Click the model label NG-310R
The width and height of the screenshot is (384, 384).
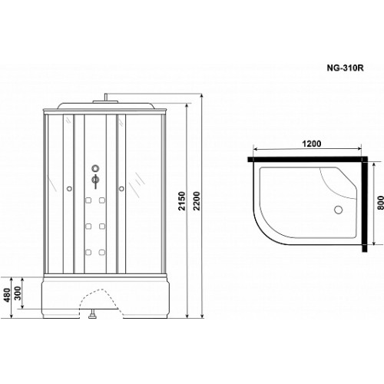pyautogui.click(x=345, y=68)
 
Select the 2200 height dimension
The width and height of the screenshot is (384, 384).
pyautogui.click(x=197, y=200)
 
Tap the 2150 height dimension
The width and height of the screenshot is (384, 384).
pyautogui.click(x=181, y=200)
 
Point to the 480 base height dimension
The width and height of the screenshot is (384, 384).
pyautogui.click(x=7, y=295)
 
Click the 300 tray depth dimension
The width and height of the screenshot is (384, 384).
pyautogui.click(x=18, y=293)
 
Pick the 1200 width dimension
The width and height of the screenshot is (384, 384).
pyautogui.click(x=311, y=144)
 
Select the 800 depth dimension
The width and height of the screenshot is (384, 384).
pyautogui.click(x=380, y=203)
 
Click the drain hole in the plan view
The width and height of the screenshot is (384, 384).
pyautogui.click(x=338, y=210)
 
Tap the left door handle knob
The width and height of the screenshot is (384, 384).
pyautogui.click(x=69, y=189)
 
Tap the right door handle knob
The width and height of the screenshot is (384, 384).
pyautogui.click(x=121, y=189)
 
